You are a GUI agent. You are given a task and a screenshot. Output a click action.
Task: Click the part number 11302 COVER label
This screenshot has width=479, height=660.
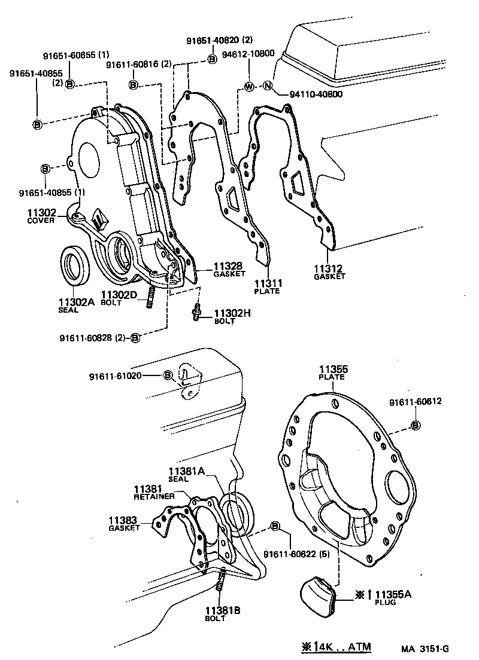point(41,215)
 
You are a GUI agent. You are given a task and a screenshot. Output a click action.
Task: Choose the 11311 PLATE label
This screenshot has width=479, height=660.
point(268,286)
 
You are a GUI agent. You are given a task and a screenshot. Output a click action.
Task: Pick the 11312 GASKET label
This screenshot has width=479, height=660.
point(329,272)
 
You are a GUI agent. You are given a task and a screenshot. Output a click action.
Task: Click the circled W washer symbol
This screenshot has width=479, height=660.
point(249,87)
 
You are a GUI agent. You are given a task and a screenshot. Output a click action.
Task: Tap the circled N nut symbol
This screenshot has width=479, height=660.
point(268,87)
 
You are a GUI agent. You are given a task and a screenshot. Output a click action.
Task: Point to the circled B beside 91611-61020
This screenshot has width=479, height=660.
point(168,375)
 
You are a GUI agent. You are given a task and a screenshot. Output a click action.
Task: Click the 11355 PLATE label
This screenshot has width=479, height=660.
point(333,373)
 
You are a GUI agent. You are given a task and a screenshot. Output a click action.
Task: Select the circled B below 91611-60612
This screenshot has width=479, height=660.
point(415,425)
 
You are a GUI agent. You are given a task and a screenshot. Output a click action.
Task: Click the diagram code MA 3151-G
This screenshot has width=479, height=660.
point(425,647)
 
